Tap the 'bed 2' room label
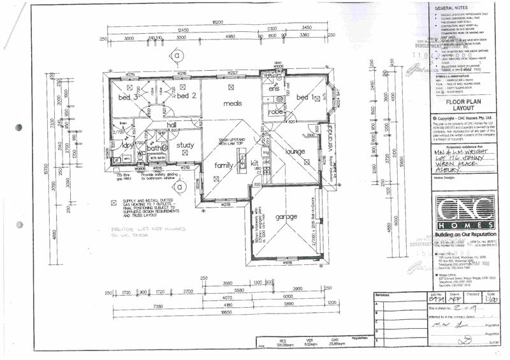[185, 96]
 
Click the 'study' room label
[185, 145]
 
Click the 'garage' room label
[286, 217]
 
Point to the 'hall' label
[171, 125]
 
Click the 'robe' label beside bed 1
[275, 112]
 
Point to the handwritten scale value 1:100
[490, 298]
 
